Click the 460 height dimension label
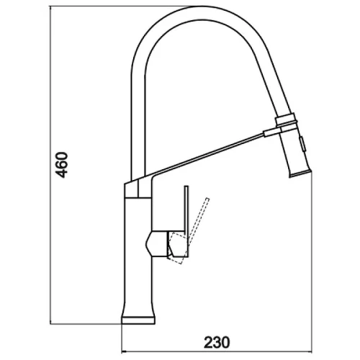click(x=61, y=165)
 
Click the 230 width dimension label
click(x=217, y=342)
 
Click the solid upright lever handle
click(x=186, y=221)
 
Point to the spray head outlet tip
click(x=300, y=174)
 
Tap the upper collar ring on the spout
click(x=285, y=120)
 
